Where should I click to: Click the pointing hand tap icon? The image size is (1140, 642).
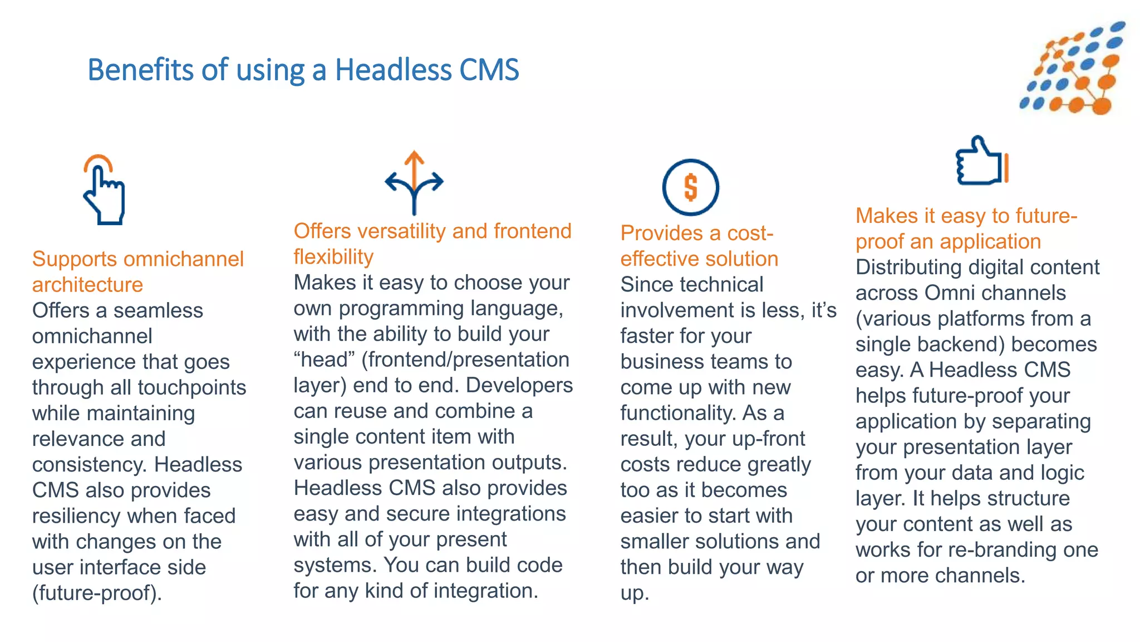[104, 190]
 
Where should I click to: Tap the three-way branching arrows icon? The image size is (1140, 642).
[414, 182]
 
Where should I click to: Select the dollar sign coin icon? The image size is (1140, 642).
[690, 187]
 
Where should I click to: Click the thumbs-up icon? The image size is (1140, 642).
[981, 161]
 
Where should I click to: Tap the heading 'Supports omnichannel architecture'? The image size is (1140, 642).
[137, 271]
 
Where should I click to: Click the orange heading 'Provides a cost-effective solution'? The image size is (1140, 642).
[699, 246]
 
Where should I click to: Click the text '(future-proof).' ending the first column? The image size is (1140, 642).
[97, 593]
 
